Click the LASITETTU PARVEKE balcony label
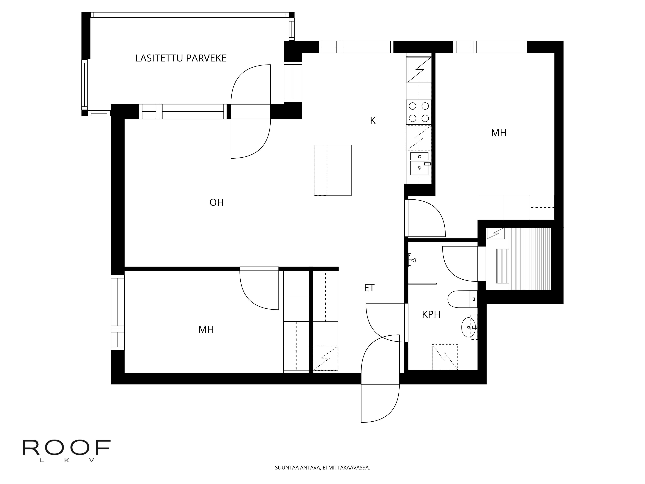[x=181, y=58]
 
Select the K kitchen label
[x=373, y=121]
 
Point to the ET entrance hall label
[x=369, y=288]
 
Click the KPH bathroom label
[x=431, y=314]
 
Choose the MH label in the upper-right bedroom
[x=499, y=133]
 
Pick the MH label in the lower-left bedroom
[x=206, y=330]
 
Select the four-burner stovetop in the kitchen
[x=419, y=112]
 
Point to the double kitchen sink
[x=419, y=164]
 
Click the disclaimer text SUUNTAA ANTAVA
[x=322, y=476]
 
